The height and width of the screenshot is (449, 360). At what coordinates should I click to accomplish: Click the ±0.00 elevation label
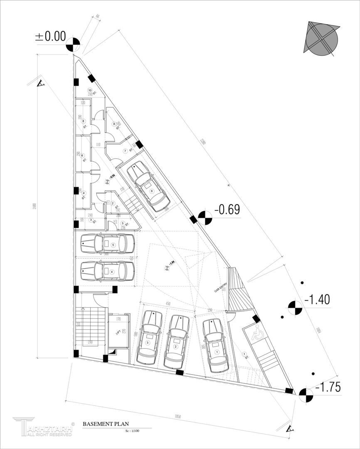click(50, 37)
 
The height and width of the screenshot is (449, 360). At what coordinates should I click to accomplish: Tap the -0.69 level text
click(227, 210)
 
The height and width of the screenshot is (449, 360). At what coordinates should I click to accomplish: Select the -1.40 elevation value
click(317, 299)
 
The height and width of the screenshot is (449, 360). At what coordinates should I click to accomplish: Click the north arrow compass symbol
click(322, 40)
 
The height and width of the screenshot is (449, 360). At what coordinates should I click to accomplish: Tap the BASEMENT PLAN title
click(106, 424)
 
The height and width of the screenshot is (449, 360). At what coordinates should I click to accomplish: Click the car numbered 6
click(148, 187)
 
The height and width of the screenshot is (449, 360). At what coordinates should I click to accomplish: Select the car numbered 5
click(108, 244)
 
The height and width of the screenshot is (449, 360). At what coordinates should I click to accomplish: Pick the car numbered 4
click(107, 271)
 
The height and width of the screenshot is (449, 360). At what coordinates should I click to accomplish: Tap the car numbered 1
click(215, 345)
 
